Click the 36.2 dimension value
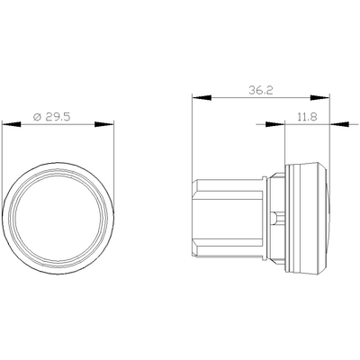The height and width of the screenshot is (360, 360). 261,90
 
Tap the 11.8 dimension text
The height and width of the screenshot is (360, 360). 307,116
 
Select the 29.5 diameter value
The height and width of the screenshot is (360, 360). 58,116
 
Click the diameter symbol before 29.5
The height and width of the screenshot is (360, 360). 37,117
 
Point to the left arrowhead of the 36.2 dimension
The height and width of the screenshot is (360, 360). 202,97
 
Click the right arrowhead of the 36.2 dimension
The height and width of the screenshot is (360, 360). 319,97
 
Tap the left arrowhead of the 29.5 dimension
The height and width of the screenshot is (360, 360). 12,124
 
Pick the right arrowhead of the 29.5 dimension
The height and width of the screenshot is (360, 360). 104,124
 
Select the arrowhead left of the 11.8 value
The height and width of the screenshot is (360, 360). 275,124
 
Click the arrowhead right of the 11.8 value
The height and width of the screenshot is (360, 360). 339,124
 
